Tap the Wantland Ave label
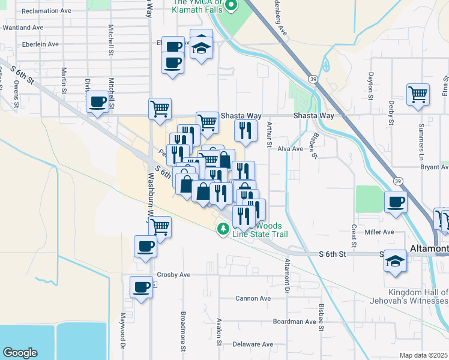click(x=23, y=28)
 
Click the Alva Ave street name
click(x=290, y=149)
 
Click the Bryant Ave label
click(x=434, y=168)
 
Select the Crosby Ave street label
click(x=173, y=275)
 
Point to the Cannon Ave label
click(x=253, y=298)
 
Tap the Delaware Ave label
click(x=252, y=344)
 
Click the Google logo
click(x=20, y=353)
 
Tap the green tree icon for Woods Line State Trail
click(x=223, y=229)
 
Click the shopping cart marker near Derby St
click(x=418, y=94)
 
